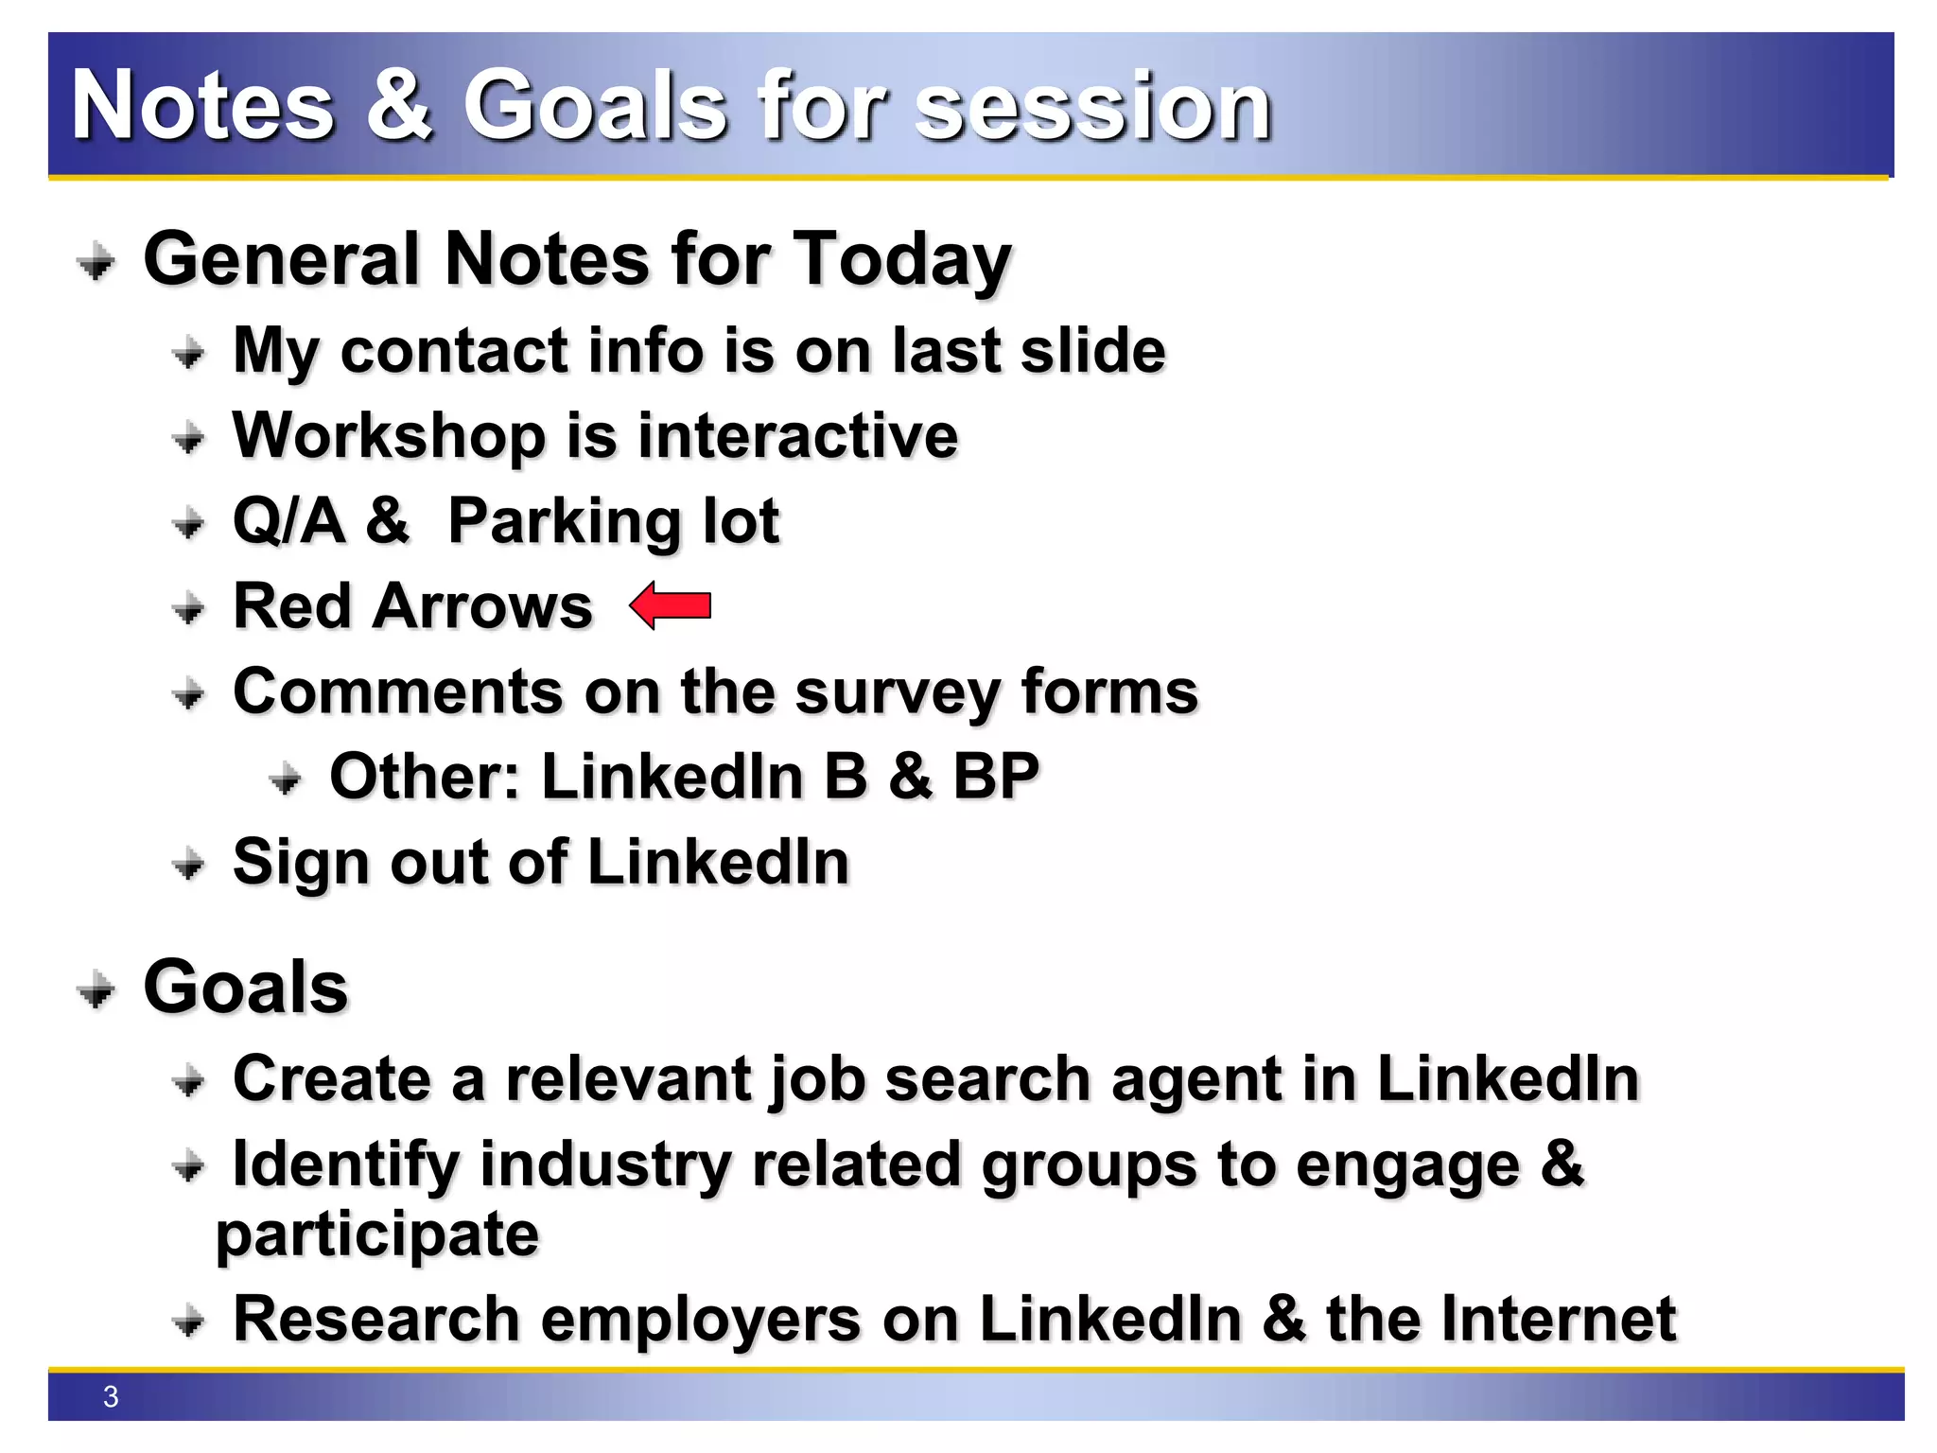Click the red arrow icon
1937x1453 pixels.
pos(671,605)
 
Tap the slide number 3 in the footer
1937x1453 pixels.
pos(111,1396)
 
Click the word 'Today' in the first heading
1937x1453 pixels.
pos(901,260)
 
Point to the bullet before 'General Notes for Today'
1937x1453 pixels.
pos(96,261)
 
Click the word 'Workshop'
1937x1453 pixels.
pos(389,437)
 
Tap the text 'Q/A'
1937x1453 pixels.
pos(289,520)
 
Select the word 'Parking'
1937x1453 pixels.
pos(566,522)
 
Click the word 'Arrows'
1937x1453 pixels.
pos(482,606)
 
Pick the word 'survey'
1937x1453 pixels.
pos(896,693)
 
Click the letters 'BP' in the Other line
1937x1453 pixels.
pos(996,777)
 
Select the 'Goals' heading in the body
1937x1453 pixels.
pos(246,988)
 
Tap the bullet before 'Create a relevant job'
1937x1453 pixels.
pos(189,1080)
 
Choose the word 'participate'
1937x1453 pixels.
pos(377,1234)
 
